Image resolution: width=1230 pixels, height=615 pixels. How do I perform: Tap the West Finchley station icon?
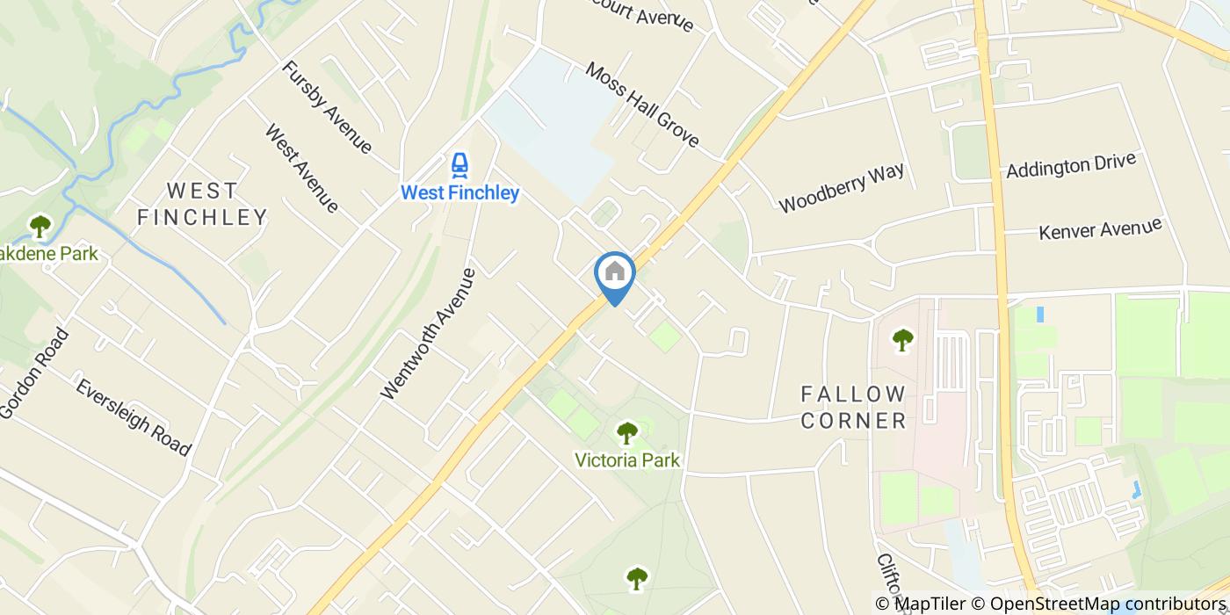(x=459, y=165)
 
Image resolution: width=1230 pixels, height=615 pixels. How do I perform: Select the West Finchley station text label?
(x=459, y=192)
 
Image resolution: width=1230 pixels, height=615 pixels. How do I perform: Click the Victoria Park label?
(x=626, y=459)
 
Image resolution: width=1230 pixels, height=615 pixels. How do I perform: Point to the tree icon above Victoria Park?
(x=626, y=432)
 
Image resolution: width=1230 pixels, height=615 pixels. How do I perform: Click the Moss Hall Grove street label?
(x=642, y=105)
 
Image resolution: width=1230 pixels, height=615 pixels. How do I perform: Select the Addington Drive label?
(x=1071, y=164)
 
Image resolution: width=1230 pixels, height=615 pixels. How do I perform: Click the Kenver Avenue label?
(x=1100, y=228)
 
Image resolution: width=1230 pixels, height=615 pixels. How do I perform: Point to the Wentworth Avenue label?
(x=429, y=334)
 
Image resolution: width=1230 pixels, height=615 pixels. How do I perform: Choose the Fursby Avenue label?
(x=327, y=107)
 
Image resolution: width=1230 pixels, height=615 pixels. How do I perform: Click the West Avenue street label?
(x=301, y=169)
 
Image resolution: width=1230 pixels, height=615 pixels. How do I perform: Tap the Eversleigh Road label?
(x=133, y=417)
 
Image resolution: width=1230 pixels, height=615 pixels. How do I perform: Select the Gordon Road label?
(x=33, y=373)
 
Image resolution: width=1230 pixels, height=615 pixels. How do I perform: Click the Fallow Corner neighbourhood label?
(x=852, y=407)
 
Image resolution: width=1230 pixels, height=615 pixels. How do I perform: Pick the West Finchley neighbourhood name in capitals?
(x=202, y=204)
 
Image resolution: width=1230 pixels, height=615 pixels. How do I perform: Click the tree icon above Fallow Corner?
(x=902, y=339)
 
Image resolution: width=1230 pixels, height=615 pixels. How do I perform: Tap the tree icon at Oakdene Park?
(x=40, y=227)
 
